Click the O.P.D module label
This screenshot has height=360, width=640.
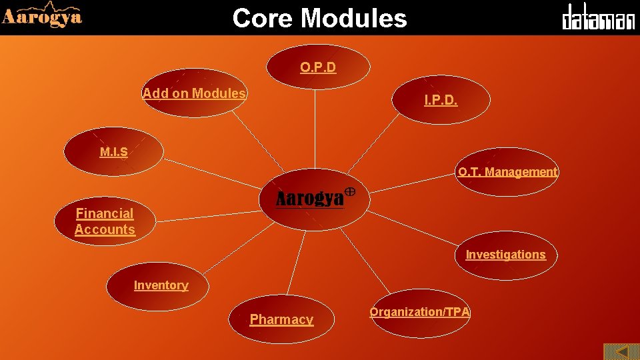[x=318, y=67]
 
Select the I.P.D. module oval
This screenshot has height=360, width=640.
[x=441, y=100]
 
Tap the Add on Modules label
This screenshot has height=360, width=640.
[x=194, y=93]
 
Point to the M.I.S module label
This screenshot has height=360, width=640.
[x=113, y=152]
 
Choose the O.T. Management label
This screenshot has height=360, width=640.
[x=507, y=172]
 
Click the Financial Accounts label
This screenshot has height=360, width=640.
[x=105, y=221]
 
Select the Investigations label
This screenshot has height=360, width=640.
[x=505, y=255]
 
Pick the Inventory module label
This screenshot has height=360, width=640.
[x=161, y=285]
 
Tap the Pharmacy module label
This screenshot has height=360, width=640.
[x=281, y=319]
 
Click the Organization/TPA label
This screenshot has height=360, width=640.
[x=420, y=312]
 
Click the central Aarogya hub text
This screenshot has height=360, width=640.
[x=310, y=199]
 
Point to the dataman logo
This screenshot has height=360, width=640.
[x=598, y=17]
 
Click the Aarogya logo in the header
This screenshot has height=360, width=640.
[x=42, y=16]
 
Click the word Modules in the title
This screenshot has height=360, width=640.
[x=354, y=18]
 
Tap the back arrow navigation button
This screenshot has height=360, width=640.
[x=621, y=351]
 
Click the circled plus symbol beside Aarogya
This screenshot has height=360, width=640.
[x=350, y=192]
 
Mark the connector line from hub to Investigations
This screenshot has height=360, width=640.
[x=413, y=229]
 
